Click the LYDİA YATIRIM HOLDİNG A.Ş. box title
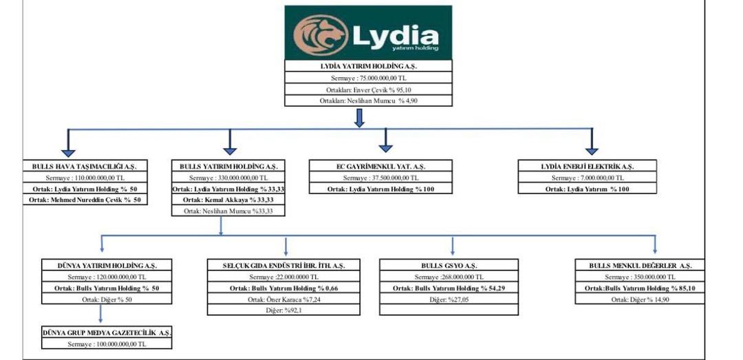pos(369,67)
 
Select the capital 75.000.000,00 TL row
pos(369,78)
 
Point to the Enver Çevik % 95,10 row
pos(369,89)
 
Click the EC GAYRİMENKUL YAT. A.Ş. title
pos(380,167)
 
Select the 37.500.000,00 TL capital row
pos(380,178)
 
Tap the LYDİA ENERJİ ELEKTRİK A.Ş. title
pos(587,167)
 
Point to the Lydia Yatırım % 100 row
pos(587,189)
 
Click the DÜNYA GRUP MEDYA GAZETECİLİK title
pos(106,332)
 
